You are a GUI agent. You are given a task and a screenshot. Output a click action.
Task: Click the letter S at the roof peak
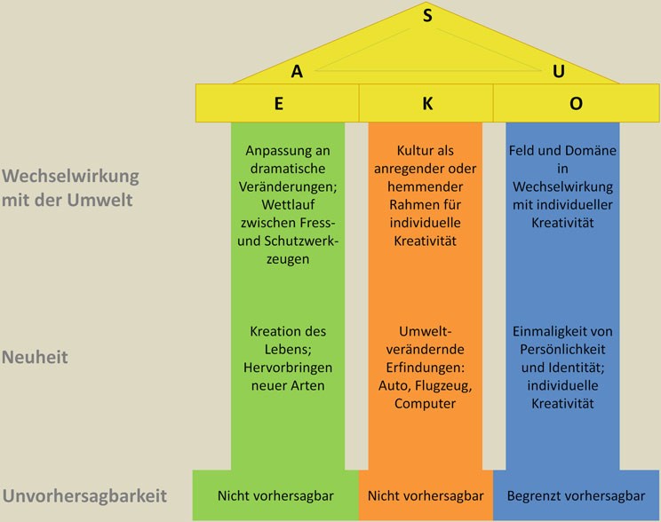click(x=427, y=16)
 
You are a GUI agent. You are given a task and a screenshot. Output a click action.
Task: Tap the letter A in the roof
click(x=297, y=72)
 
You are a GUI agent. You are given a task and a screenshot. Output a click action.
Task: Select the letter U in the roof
click(x=559, y=71)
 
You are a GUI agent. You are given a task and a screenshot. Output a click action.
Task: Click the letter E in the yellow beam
click(x=279, y=104)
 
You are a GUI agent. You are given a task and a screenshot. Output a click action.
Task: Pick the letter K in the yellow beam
click(x=427, y=104)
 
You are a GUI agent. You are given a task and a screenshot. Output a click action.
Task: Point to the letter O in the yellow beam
click(x=576, y=104)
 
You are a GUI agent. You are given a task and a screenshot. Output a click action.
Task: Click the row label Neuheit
click(x=35, y=357)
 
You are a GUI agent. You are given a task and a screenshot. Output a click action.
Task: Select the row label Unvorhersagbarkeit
click(x=84, y=496)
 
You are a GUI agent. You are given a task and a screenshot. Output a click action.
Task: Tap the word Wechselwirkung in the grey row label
click(x=70, y=177)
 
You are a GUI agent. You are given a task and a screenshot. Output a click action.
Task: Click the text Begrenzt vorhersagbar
click(x=576, y=496)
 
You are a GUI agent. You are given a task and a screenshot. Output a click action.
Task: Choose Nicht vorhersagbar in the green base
click(x=275, y=496)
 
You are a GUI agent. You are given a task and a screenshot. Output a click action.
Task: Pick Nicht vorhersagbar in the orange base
click(x=426, y=496)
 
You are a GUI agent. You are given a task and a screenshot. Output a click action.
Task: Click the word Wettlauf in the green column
click(x=288, y=205)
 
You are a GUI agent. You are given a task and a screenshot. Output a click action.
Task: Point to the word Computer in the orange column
click(x=425, y=404)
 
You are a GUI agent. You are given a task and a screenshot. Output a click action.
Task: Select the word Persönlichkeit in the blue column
click(x=562, y=349)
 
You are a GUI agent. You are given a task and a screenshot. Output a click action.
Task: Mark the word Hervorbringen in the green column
click(x=288, y=368)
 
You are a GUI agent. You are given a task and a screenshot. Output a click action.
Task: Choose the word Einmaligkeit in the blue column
click(x=545, y=331)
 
